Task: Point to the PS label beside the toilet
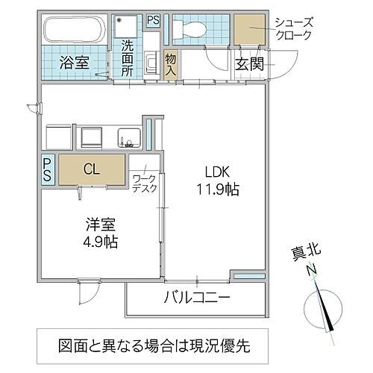pos(153,21)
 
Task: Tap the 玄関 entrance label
pos(250,63)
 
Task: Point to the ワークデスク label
pos(144,184)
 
